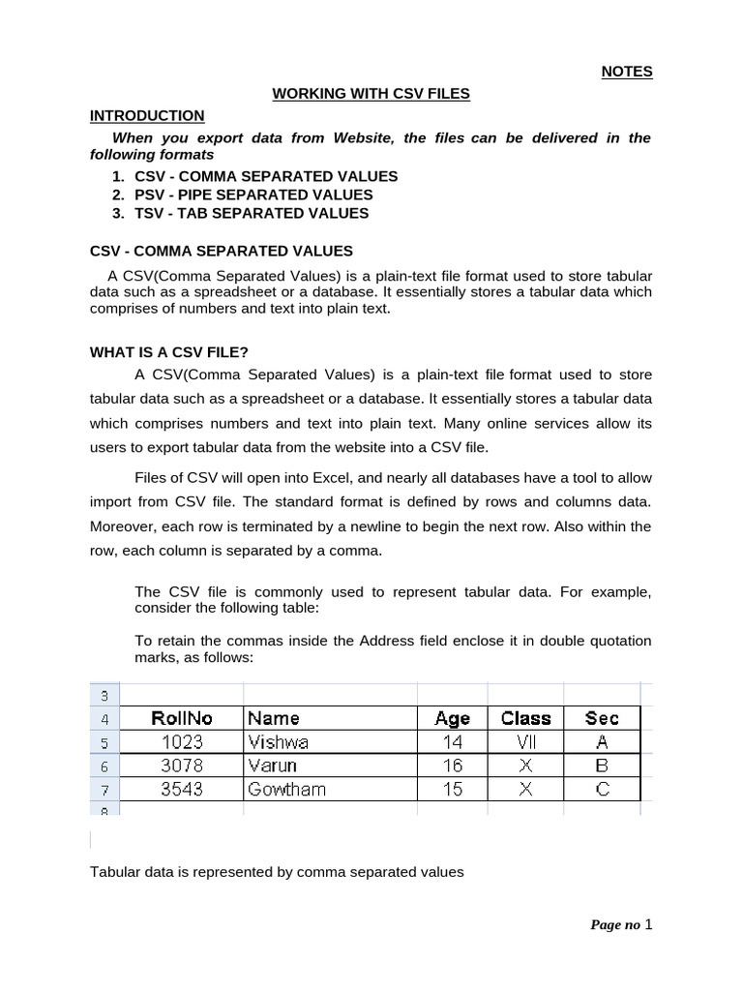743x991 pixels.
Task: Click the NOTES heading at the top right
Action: (x=627, y=72)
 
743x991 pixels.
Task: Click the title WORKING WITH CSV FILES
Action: (x=371, y=94)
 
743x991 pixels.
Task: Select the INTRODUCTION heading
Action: (x=147, y=116)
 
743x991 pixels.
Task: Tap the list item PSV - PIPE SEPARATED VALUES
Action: (x=253, y=195)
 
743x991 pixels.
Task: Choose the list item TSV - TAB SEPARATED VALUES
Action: (x=252, y=213)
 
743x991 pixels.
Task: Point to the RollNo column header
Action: (x=182, y=718)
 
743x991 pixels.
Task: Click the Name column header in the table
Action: (x=274, y=718)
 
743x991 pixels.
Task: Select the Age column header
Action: (x=452, y=718)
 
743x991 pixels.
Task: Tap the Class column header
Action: (x=525, y=718)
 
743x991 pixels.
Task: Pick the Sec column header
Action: (x=602, y=718)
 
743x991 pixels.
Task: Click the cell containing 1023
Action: (x=182, y=742)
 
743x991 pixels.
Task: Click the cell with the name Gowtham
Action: (x=286, y=789)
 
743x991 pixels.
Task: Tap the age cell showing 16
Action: (x=452, y=766)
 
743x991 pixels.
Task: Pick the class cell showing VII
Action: (x=525, y=742)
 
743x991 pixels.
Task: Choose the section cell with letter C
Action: (x=602, y=789)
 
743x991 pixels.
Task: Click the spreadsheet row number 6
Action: (x=104, y=766)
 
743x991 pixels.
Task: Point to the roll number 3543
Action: (x=182, y=789)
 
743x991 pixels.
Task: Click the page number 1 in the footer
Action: (x=649, y=924)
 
